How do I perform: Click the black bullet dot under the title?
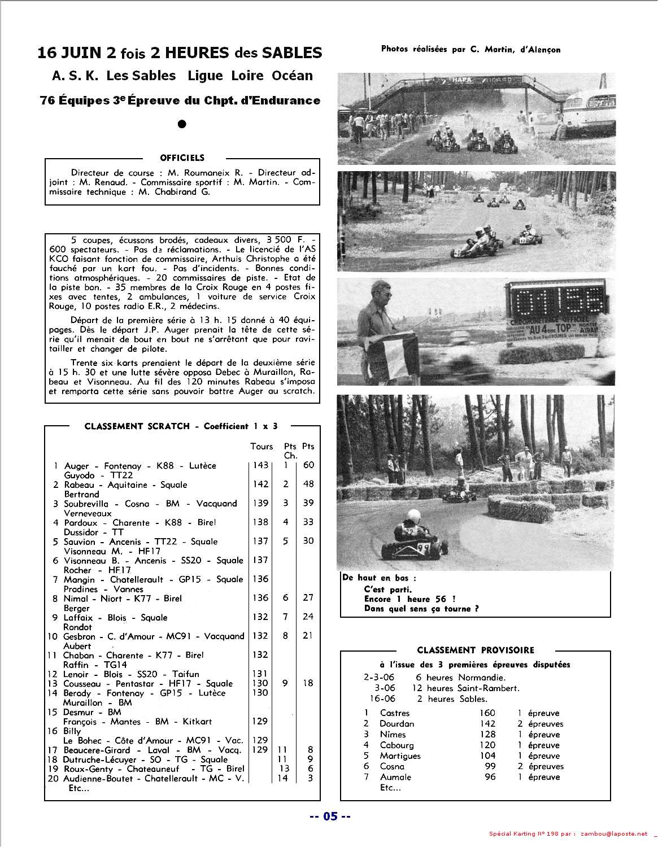182,124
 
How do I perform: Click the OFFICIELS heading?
182,158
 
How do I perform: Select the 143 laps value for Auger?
260,465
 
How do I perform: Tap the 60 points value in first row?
308,465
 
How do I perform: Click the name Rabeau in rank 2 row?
79,485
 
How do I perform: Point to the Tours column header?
262,447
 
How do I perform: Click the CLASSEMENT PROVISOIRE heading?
475,650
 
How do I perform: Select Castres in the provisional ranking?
395,713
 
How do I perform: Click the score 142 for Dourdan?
487,724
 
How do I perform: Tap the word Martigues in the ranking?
400,756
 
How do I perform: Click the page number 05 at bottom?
330,817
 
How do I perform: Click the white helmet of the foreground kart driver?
414,515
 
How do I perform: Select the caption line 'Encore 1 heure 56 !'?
410,599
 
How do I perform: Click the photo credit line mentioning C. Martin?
470,50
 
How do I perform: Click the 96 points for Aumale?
490,778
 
